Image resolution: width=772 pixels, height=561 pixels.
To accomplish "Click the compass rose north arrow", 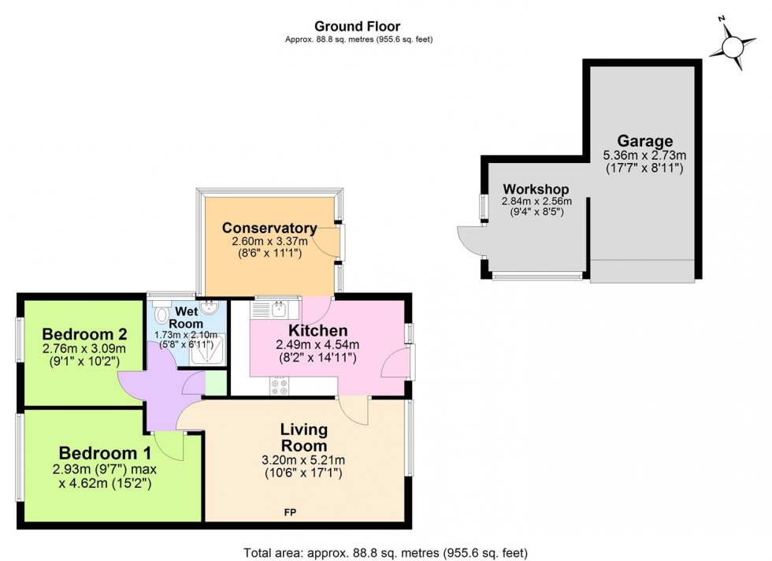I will tap(732, 48).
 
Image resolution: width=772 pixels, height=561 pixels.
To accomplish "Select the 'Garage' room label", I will tap(644, 141).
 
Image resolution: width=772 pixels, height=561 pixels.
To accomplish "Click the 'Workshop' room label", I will tap(536, 190).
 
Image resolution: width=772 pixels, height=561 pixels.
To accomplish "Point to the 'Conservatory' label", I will tap(269, 228).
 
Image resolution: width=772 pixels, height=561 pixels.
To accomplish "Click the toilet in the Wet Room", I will tap(162, 315).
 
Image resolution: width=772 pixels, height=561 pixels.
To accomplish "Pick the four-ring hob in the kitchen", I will tap(280, 386).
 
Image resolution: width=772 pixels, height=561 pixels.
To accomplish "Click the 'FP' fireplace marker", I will tap(290, 513).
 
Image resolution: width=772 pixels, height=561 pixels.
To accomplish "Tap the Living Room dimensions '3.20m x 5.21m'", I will tap(304, 460).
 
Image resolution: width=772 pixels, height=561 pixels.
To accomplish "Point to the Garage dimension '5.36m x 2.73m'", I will tap(644, 155).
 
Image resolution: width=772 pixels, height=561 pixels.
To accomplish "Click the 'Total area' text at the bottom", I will tap(385, 553).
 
